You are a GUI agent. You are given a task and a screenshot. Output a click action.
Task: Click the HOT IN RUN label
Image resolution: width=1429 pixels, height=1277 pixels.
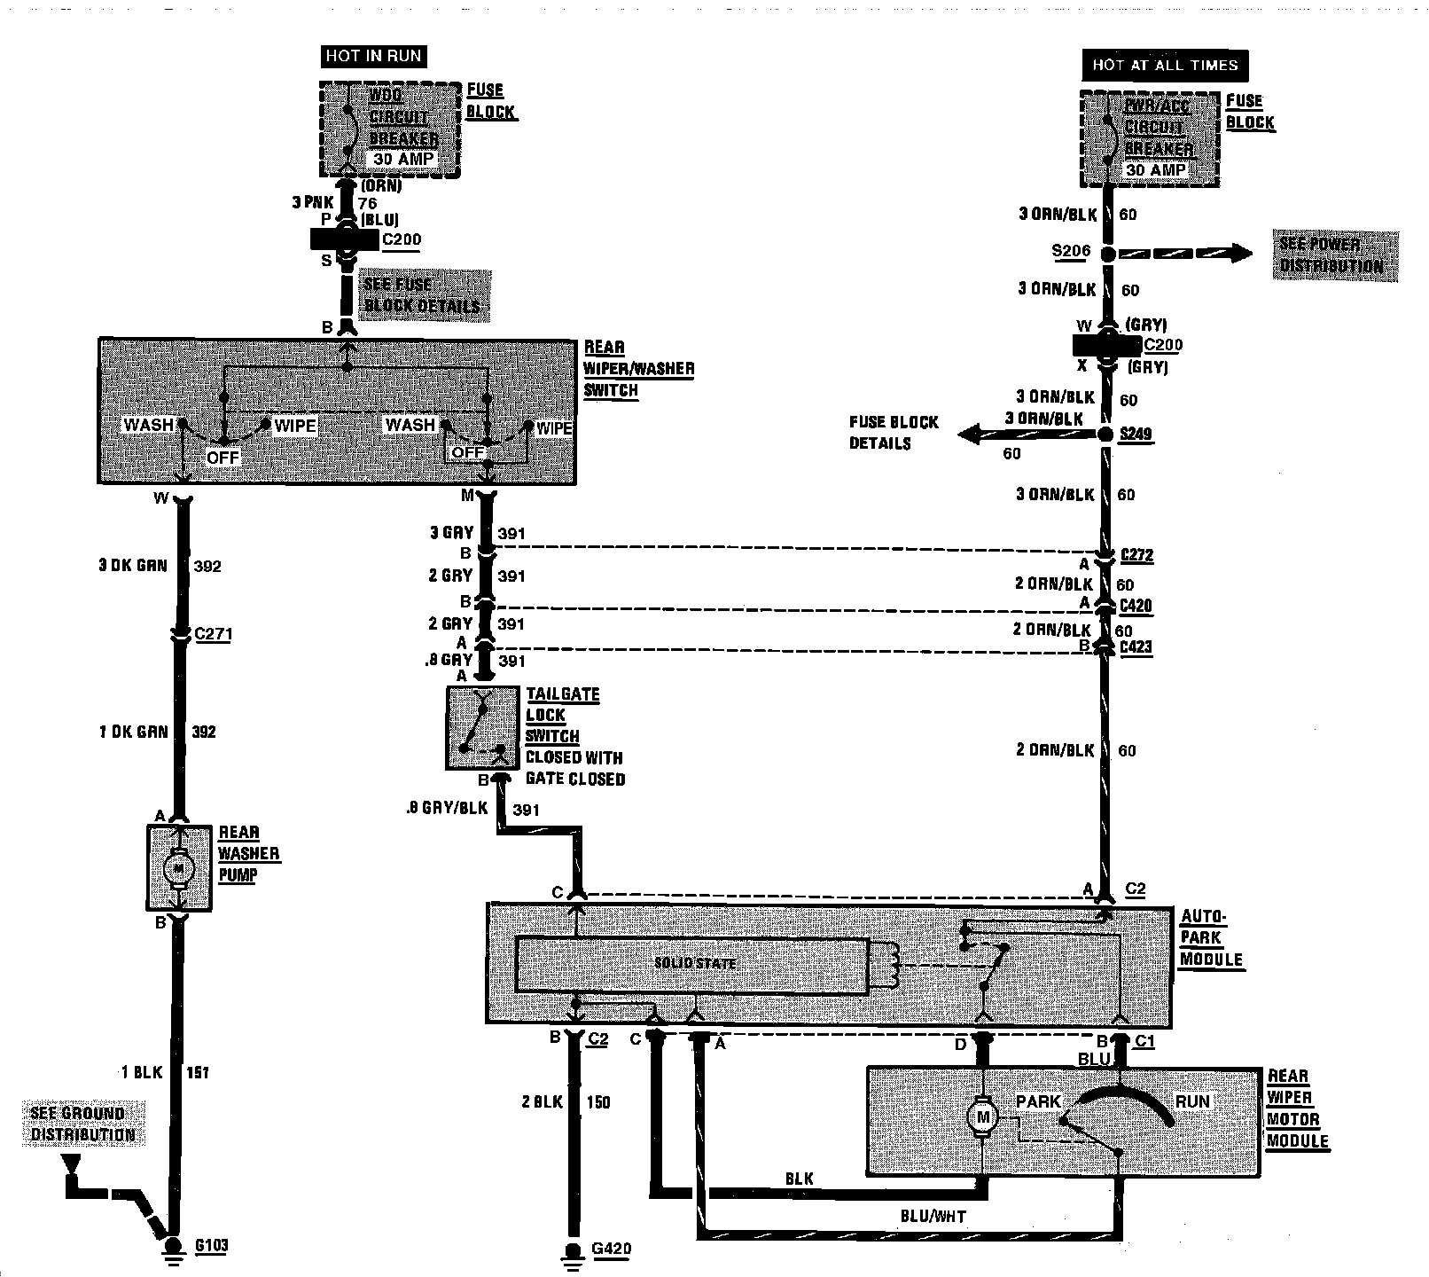(x=373, y=56)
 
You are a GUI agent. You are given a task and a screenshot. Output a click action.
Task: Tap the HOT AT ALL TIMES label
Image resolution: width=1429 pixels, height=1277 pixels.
(x=1165, y=65)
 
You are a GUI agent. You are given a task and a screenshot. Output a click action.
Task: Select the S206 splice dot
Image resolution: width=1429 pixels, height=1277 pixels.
(x=1108, y=254)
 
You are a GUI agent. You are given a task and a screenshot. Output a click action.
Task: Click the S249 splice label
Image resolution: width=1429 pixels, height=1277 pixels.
(x=1136, y=434)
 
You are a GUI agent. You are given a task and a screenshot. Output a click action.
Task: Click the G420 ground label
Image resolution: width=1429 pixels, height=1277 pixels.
(x=611, y=1250)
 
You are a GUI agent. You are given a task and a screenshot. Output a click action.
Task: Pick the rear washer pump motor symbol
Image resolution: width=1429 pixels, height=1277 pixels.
(x=179, y=866)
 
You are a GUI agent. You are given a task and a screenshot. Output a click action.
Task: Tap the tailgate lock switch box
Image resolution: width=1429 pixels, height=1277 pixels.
(x=482, y=727)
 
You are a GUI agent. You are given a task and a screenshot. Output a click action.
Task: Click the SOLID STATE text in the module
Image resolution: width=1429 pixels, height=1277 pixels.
(x=695, y=963)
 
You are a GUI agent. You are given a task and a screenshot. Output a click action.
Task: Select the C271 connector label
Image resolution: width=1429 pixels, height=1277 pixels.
(x=213, y=634)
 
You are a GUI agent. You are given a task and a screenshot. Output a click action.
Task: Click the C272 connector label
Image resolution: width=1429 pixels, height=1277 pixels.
(x=1136, y=555)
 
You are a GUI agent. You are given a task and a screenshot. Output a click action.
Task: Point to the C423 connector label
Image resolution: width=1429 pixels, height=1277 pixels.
(x=1136, y=646)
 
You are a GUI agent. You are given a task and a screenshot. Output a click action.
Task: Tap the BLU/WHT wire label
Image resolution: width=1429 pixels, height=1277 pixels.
(x=933, y=1217)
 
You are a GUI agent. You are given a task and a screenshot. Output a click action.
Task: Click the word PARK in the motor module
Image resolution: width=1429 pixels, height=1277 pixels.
(x=1038, y=1101)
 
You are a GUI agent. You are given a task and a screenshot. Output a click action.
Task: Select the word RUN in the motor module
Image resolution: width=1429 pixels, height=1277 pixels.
(x=1192, y=1101)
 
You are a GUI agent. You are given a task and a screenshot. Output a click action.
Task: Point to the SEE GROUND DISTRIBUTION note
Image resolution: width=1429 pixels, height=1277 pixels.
(x=83, y=1124)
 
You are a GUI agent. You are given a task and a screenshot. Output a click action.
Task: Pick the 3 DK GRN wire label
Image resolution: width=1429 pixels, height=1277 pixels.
(x=133, y=566)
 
